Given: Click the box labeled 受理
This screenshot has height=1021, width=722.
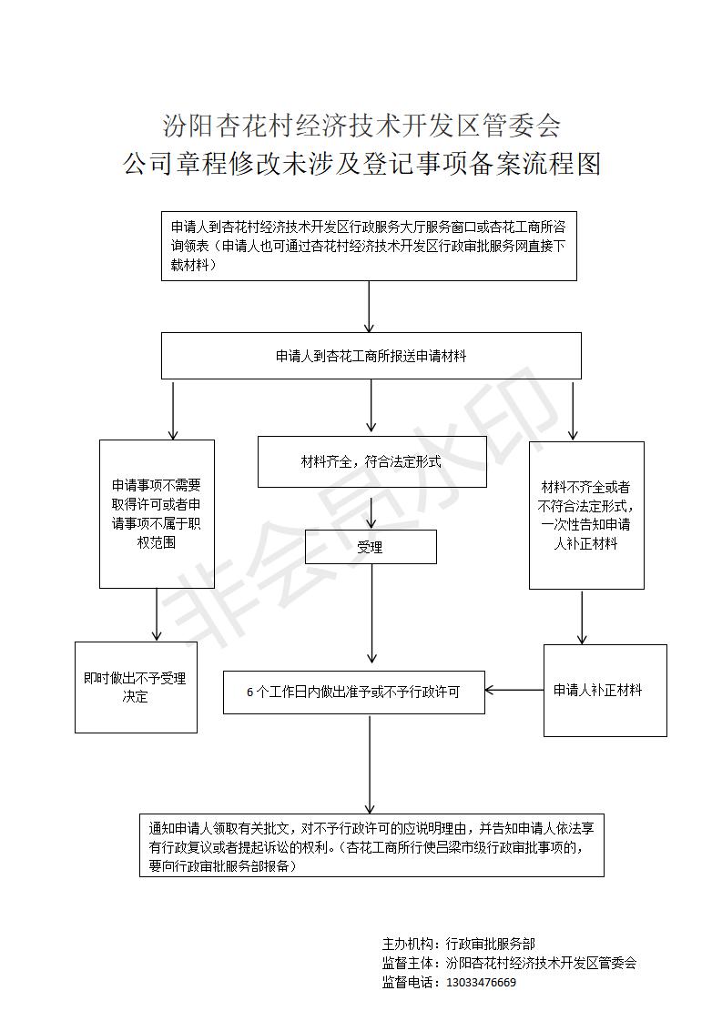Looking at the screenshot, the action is [371, 546].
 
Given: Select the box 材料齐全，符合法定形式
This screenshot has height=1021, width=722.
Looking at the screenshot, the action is [372, 461].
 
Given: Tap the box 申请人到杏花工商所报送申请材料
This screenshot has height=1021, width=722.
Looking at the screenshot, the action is [371, 356].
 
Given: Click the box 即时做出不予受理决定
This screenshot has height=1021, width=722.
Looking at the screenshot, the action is [136, 687].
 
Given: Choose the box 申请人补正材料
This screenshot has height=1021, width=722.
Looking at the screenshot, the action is [605, 690].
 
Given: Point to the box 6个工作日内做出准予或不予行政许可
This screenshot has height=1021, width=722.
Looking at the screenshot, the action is [354, 692].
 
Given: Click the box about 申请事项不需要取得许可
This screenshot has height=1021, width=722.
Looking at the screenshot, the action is [157, 514].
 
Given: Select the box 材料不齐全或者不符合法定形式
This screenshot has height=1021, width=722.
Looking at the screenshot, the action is [586, 515].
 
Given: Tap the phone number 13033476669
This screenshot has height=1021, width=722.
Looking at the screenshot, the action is [481, 982].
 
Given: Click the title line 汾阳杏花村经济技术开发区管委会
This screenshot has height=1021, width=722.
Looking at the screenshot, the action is [361, 125].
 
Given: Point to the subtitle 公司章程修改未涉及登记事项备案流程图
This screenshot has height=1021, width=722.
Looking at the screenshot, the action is [361, 164].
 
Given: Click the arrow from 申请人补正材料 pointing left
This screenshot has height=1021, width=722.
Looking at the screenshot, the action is [514, 690].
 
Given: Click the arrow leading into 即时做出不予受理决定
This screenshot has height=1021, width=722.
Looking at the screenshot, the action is [157, 614].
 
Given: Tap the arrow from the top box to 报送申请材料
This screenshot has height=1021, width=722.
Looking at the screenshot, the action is [370, 307].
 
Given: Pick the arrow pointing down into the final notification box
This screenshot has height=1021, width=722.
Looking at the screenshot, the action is [370, 763].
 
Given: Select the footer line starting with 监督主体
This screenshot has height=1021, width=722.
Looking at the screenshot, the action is [509, 963].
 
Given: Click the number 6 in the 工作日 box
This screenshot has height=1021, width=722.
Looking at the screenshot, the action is [249, 692].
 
